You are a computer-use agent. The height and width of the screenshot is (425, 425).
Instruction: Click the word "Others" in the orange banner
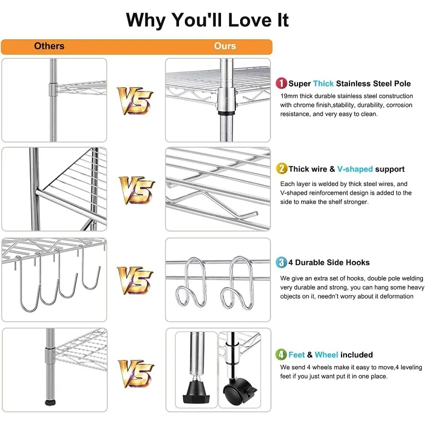pos(49,46)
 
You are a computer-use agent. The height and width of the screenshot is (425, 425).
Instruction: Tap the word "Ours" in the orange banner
pos(225,46)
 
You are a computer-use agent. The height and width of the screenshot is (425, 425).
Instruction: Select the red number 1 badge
pos(282,83)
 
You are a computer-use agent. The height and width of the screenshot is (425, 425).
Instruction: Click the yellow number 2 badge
pos(282,168)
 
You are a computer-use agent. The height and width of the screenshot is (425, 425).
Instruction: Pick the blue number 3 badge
pos(282,262)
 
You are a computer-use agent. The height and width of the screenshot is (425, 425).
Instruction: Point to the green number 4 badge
pos(281,354)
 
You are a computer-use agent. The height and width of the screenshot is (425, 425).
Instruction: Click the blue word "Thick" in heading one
pos(324,83)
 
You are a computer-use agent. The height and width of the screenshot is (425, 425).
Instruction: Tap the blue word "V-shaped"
pos(355,169)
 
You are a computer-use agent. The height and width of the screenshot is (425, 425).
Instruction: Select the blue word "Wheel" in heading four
pos(326,355)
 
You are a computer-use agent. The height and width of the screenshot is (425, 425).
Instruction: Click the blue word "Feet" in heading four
pos(296,355)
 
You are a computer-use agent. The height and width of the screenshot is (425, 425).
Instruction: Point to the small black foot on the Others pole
pos(50,403)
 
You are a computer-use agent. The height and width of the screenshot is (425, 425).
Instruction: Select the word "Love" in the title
pos(249,20)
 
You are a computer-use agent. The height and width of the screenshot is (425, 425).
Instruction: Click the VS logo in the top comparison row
pos(135,100)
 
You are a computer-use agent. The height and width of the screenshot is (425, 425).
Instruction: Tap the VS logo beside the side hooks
pos(135,280)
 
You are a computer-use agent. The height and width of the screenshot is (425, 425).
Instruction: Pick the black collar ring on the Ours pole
pos(226,113)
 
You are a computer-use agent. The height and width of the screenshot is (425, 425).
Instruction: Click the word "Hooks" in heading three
pos(358,262)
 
